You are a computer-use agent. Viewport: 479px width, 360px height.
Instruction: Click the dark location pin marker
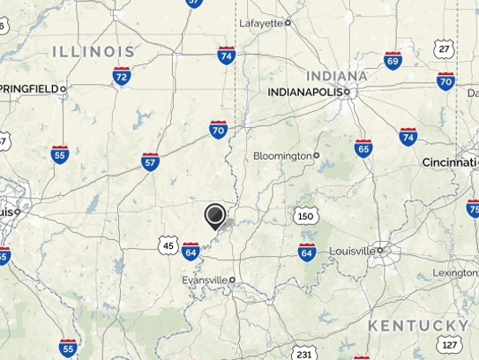point(214,215)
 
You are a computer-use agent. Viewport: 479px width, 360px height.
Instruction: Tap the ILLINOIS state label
point(94,52)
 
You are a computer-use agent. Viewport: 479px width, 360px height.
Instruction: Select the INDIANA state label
point(337,75)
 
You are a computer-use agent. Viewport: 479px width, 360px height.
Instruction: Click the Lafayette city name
point(261,23)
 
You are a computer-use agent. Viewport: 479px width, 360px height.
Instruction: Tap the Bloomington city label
point(282,155)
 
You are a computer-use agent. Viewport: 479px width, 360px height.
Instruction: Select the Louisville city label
point(352,251)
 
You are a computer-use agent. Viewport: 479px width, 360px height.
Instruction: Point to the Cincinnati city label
point(449,162)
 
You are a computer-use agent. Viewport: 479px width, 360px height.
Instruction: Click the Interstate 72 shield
point(122,77)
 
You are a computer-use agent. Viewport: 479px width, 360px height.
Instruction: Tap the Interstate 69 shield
point(393,60)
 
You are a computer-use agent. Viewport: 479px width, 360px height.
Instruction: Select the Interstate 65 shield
point(363,147)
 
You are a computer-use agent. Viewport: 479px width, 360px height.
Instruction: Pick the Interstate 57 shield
point(150,161)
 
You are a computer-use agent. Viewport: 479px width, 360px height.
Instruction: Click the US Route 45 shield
point(168,245)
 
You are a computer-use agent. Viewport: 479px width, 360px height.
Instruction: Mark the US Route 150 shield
point(305,216)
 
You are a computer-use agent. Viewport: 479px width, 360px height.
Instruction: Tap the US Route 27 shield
point(444,49)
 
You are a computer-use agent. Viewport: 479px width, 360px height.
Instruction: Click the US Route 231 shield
point(304,354)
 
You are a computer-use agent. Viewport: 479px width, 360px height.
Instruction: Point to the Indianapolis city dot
point(348,91)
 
